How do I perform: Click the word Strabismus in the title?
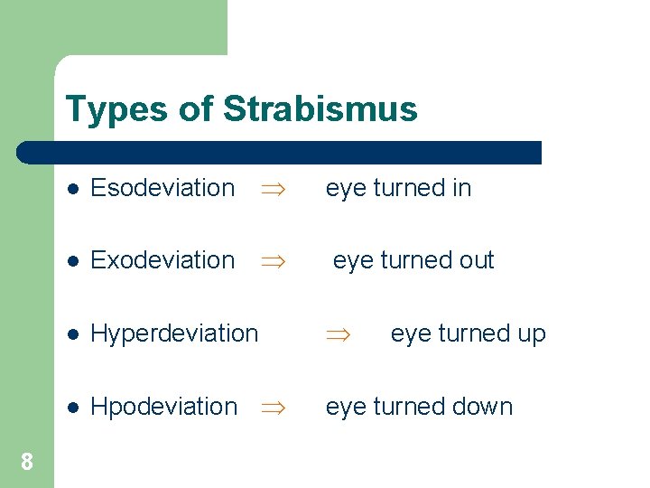pos(320,109)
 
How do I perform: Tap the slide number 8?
pos(27,463)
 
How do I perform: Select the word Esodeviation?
pos(162,188)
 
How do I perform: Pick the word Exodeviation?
pos(162,260)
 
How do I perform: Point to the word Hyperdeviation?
pos(174,333)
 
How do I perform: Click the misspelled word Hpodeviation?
pos(163,407)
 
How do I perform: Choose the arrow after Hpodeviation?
pos(272,408)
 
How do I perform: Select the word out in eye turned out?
pos(476,260)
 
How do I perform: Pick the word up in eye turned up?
pos(531,334)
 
